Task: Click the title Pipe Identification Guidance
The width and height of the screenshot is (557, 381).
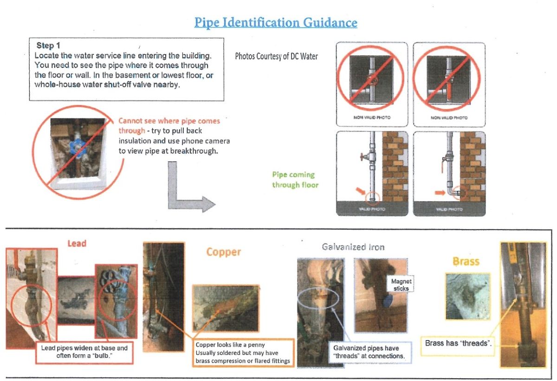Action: click(x=276, y=22)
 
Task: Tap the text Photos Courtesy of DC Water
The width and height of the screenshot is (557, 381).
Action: click(x=277, y=57)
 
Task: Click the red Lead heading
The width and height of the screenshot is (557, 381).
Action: click(x=77, y=243)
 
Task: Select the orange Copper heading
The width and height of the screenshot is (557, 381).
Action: click(x=224, y=252)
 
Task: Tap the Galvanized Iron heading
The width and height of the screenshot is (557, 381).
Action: click(x=353, y=247)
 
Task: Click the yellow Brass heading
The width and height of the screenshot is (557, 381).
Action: click(x=466, y=261)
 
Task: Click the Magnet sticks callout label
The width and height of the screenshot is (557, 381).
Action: click(x=401, y=285)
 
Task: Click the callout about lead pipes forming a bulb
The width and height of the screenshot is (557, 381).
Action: click(x=84, y=352)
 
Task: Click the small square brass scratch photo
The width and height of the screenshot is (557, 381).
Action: click(x=467, y=296)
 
